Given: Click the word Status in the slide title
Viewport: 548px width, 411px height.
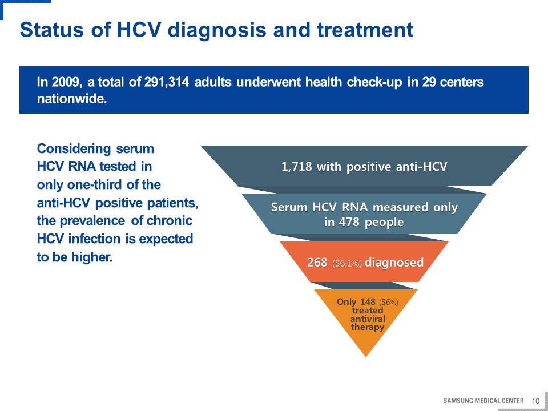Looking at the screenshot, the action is click(52, 30).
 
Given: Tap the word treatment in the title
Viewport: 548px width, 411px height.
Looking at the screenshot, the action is click(365, 30).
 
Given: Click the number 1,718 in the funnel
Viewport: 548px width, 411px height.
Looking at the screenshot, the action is click(297, 167).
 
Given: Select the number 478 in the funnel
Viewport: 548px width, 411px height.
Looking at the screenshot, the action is click(348, 222).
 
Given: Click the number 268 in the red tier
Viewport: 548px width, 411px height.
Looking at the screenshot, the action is click(317, 262).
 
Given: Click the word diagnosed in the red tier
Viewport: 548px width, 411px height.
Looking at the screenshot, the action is click(394, 262).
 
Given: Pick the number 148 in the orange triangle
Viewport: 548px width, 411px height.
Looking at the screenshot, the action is click(367, 301).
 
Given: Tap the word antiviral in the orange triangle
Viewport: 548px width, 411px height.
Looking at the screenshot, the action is click(368, 319).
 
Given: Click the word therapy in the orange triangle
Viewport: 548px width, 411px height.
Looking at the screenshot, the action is click(367, 327).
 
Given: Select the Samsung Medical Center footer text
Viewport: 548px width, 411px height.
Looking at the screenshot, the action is click(483, 401).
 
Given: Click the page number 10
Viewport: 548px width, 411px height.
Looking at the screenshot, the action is click(535, 401).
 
